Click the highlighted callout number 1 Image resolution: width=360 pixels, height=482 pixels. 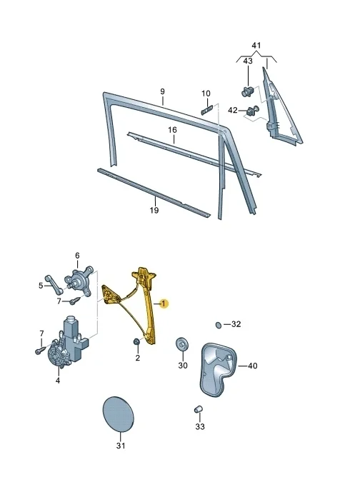click(164, 303)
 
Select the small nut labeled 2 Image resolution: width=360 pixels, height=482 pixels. click(136, 342)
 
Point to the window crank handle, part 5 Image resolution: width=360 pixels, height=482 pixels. click(54, 283)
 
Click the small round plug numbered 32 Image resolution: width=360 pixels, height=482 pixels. click(219, 325)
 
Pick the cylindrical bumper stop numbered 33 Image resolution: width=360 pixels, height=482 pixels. click(199, 409)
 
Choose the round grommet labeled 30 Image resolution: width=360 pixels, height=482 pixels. click(182, 343)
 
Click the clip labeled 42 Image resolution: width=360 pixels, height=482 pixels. click(253, 111)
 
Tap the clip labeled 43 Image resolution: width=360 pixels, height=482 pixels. click(247, 91)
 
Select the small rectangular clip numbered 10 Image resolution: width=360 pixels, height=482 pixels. click(207, 110)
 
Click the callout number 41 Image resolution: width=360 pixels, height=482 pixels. click(256, 45)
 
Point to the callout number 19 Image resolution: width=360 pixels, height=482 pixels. click(154, 210)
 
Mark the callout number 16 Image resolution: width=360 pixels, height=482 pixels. click(172, 130)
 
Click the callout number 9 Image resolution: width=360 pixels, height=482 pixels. click(162, 91)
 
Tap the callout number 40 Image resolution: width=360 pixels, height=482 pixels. click(252, 366)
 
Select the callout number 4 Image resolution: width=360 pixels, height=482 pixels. click(58, 381)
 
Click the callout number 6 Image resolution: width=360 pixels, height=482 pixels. click(77, 256)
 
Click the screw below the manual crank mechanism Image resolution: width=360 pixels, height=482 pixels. click(75, 301)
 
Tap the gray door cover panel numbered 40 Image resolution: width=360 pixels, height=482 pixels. click(218, 369)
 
